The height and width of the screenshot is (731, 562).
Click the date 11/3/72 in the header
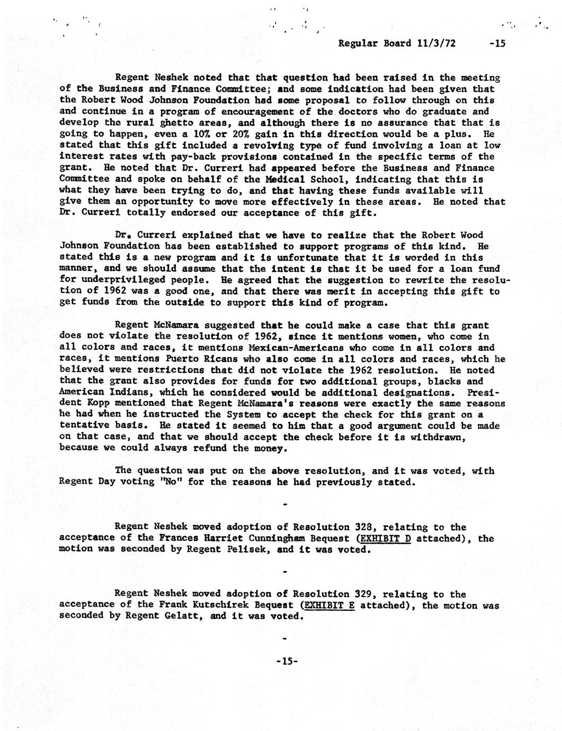[x=436, y=43]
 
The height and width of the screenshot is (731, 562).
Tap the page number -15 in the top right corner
[x=497, y=43]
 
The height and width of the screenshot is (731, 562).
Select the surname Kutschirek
[x=206, y=605]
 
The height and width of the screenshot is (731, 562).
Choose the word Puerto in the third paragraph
[x=164, y=359]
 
